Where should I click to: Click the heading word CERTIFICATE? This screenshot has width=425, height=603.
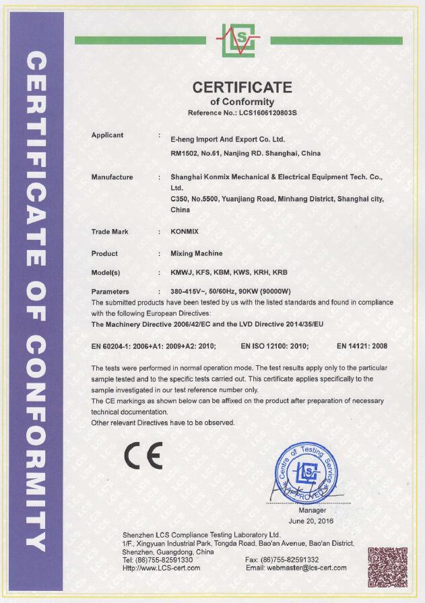[x=242, y=88]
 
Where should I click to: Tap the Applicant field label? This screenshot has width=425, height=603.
[x=107, y=135]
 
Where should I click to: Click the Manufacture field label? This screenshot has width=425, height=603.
[x=112, y=177]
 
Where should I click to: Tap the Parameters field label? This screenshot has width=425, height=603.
[x=110, y=292]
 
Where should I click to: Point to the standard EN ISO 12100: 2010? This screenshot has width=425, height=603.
[x=275, y=346]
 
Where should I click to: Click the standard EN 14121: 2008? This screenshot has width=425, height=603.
[x=362, y=346]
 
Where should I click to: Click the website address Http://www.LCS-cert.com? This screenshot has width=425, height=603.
[x=162, y=568]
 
